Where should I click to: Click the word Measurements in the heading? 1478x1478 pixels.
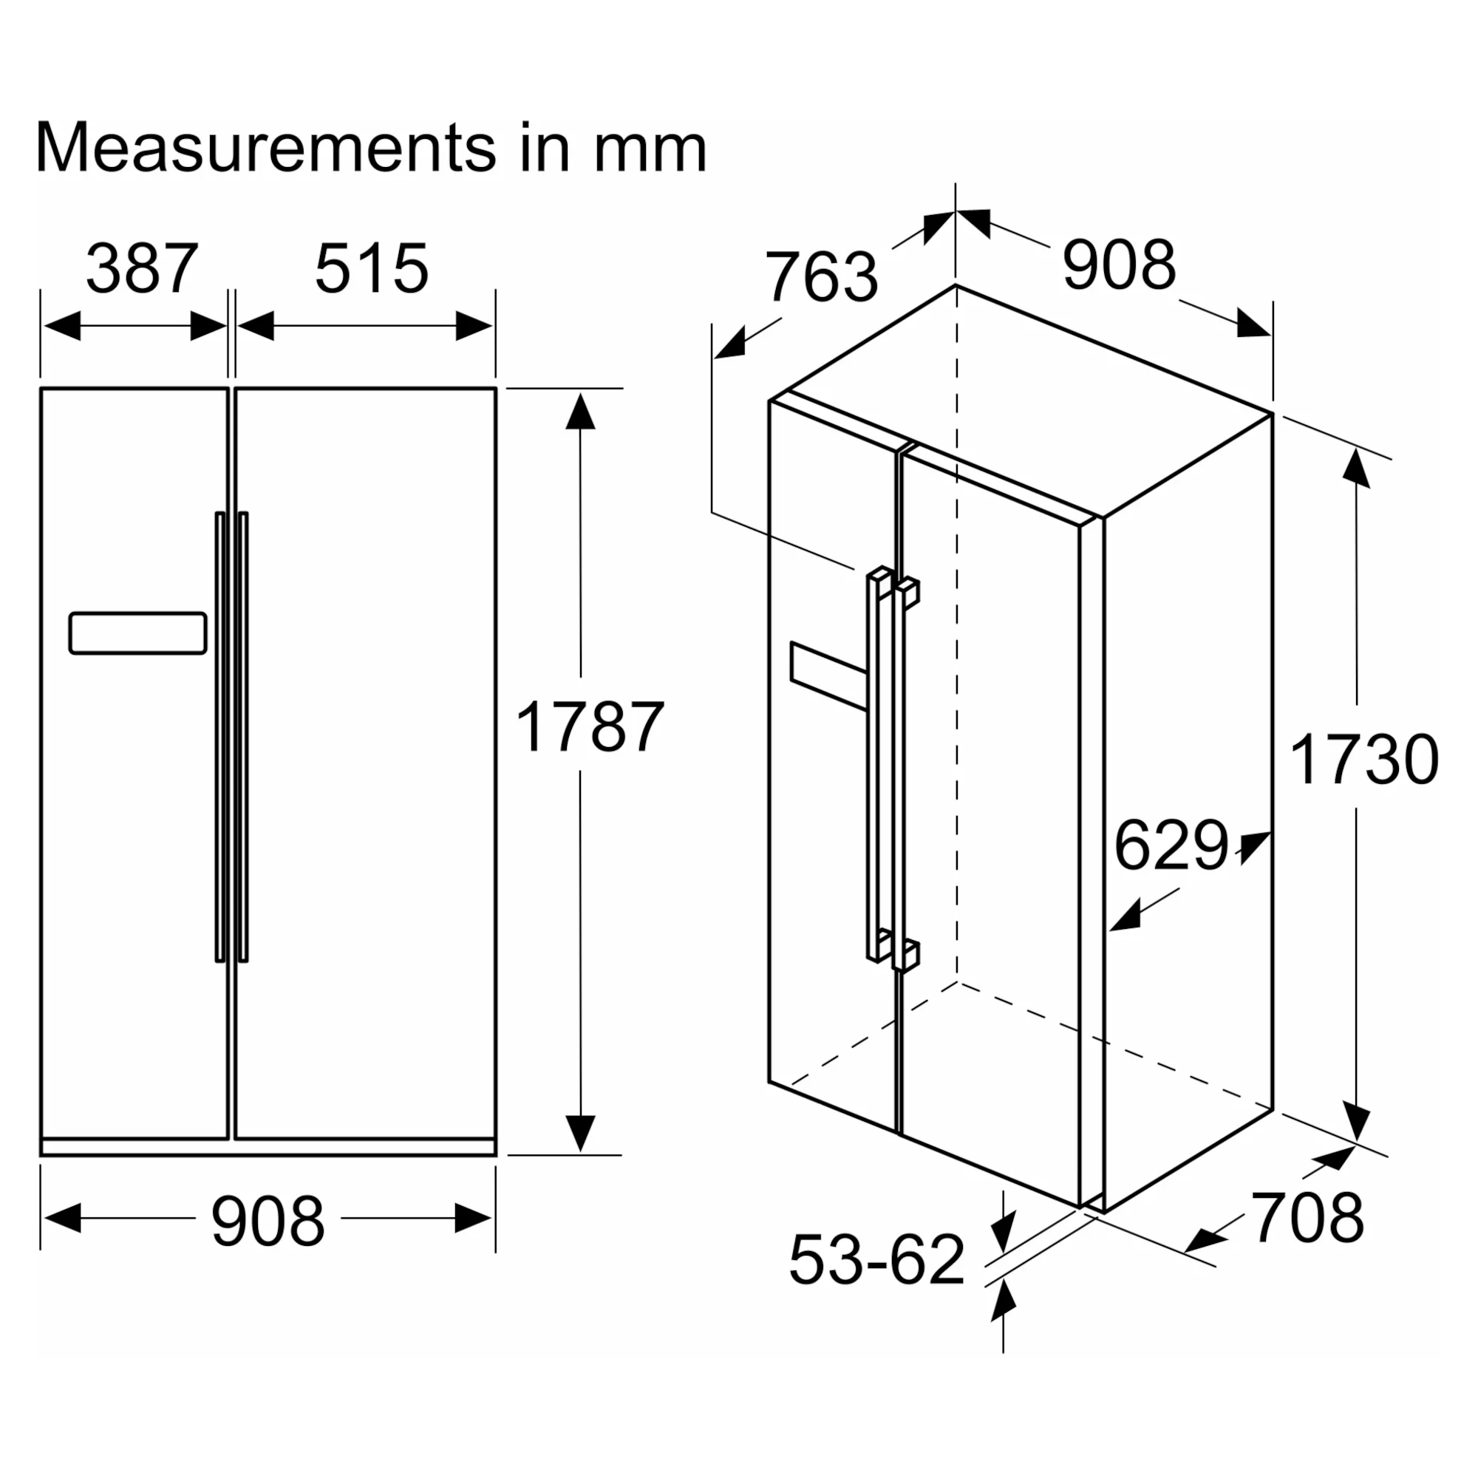click(266, 147)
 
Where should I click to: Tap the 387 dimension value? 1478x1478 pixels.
click(143, 268)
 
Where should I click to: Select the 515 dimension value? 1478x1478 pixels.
click(372, 268)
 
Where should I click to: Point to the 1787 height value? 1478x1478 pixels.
click(590, 726)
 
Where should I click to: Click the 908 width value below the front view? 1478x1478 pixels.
click(268, 1222)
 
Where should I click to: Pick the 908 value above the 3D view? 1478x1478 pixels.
click(1118, 265)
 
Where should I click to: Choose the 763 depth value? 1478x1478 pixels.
click(822, 276)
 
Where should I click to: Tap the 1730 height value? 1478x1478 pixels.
click(1364, 760)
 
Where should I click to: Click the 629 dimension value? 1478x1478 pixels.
click(1171, 845)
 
